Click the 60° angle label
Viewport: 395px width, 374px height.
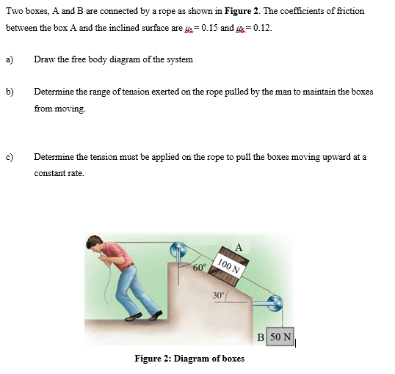click(197, 266)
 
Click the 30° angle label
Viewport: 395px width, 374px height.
click(218, 295)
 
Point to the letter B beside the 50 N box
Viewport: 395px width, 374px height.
click(261, 337)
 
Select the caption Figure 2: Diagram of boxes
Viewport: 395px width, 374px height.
click(189, 359)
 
